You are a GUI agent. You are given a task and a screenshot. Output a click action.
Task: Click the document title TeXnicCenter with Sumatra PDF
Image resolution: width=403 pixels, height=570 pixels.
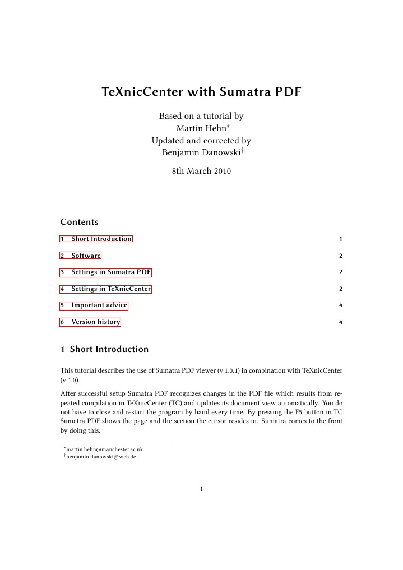pos(201,91)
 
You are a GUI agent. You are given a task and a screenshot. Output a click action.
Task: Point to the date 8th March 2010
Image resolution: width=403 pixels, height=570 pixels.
pos(201,171)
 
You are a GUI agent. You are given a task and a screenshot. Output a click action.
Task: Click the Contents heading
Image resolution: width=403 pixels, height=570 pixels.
pos(79,222)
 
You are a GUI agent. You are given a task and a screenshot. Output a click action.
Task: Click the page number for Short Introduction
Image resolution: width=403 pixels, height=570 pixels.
pos(340,239)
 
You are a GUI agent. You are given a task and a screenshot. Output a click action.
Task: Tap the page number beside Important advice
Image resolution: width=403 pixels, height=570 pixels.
pos(340,306)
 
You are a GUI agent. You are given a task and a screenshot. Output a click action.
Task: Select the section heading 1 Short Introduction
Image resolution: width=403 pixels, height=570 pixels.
pos(105,349)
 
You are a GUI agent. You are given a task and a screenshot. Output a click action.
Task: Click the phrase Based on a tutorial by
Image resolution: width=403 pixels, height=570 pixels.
pos(201,117)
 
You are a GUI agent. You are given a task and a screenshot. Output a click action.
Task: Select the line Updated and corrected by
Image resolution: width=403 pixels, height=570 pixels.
pos(201,140)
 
